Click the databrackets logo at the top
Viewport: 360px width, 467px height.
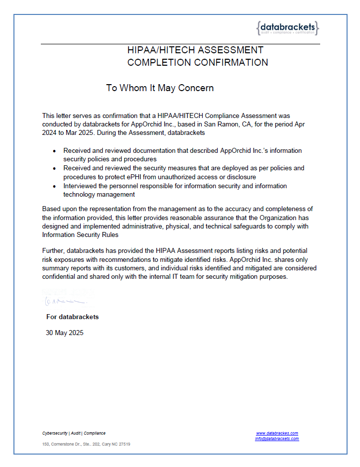click(287, 28)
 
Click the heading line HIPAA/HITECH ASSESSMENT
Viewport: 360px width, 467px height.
click(195, 50)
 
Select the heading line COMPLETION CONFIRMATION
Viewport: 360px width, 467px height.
click(198, 63)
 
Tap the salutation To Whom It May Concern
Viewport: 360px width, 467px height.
click(160, 88)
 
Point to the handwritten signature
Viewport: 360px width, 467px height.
click(64, 300)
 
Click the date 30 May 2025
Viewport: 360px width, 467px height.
click(65, 333)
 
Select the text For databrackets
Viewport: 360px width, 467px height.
click(73, 317)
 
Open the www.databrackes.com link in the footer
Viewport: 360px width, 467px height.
click(277, 433)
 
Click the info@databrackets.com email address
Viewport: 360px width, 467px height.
click(277, 439)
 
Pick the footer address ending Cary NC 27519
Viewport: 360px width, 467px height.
click(86, 444)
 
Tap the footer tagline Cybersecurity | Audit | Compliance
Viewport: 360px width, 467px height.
click(74, 433)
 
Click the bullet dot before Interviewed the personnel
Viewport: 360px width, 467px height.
click(55, 186)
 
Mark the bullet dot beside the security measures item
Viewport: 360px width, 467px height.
click(55, 168)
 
